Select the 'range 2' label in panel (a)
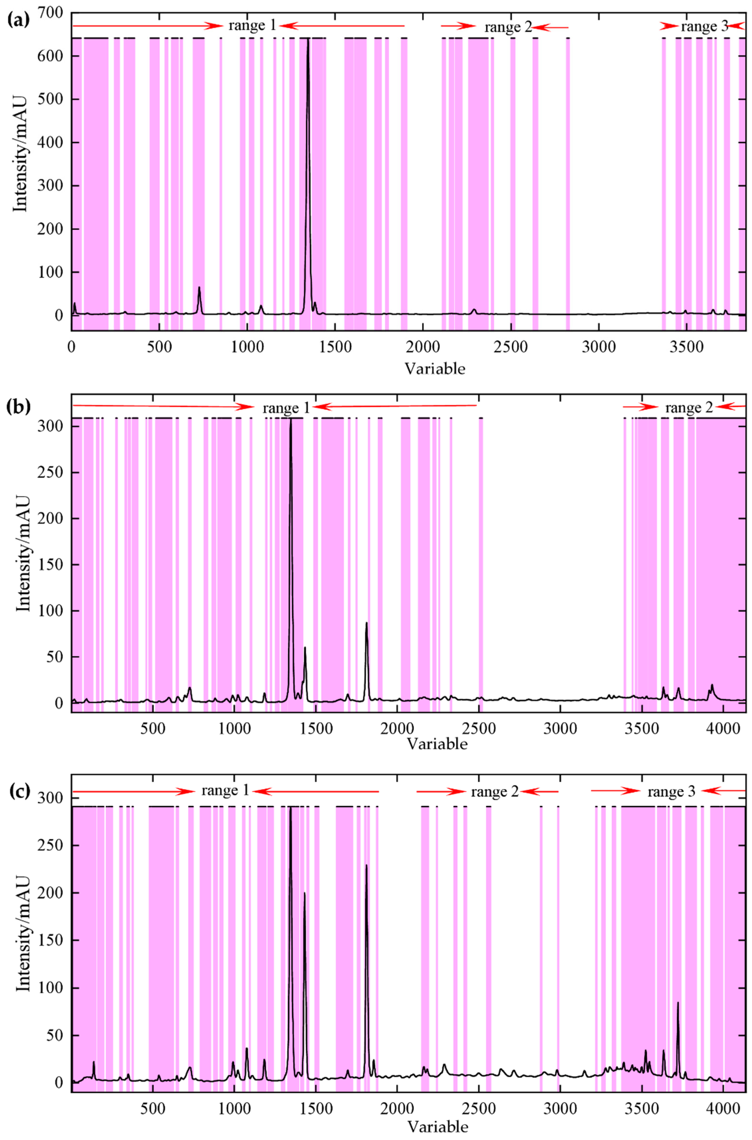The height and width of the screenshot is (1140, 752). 508,27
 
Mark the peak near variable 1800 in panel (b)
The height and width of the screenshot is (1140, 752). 366,623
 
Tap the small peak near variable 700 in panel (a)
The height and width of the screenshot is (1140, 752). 199,288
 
